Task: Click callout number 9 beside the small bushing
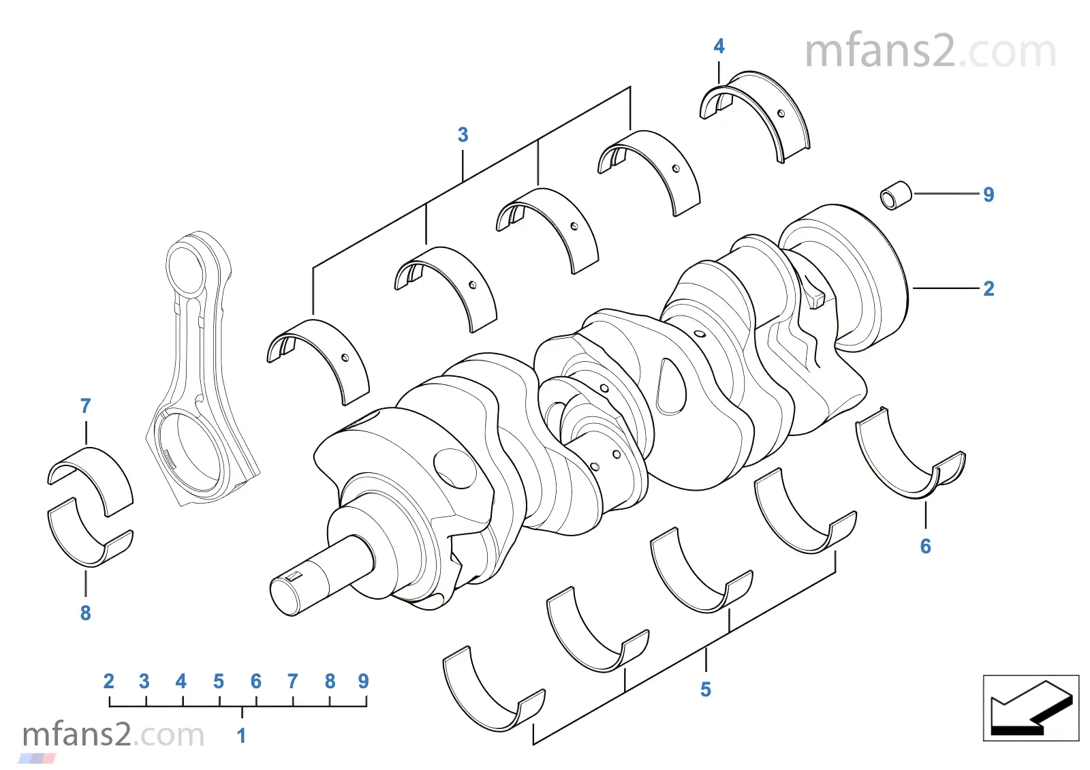coord(988,195)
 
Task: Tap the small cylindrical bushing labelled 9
coord(896,196)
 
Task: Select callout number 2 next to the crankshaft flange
coord(988,289)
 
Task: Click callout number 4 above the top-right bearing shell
coord(719,46)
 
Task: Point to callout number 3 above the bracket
coord(463,135)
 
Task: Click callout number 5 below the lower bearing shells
coord(706,690)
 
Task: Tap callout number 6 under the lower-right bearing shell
coord(925,546)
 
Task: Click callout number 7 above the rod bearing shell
coord(85,406)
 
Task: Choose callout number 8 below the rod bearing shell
coord(85,613)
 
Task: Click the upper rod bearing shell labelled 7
coord(92,474)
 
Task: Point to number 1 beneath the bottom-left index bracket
coord(241,736)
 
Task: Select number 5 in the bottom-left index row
coord(218,681)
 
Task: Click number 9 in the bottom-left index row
coord(363,681)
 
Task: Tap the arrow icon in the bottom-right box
coord(1030,708)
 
